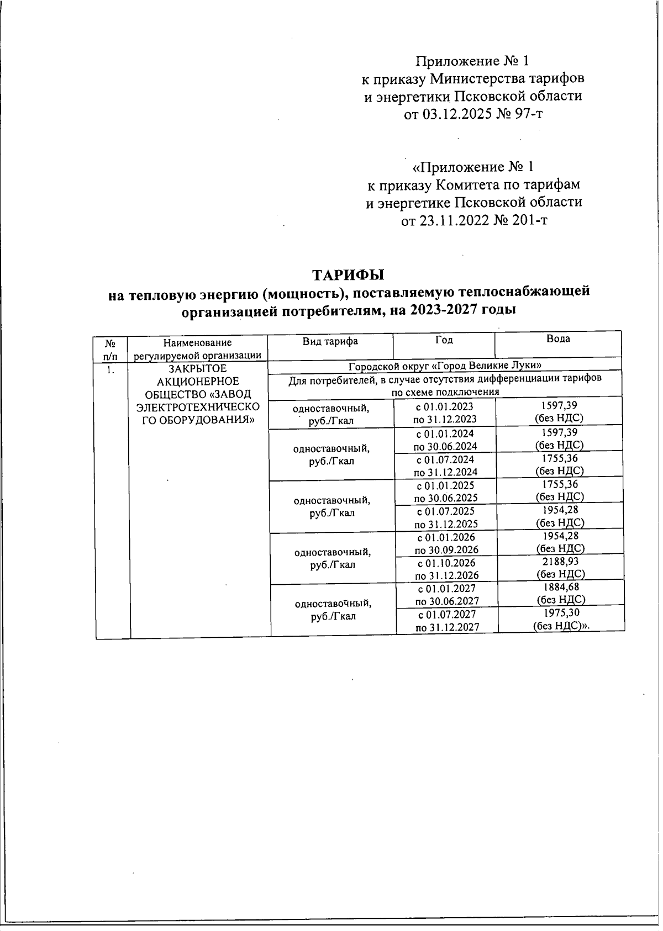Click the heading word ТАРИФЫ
coord(348,274)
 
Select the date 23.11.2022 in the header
coord(457,221)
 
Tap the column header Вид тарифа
coord(330,341)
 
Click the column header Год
coord(444,340)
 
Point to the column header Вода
coord(558,339)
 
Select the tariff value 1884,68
coord(561,588)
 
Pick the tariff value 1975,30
coord(561,613)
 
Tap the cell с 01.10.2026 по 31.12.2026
coord(446,569)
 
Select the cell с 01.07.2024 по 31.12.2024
coord(445,465)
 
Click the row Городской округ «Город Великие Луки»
coord(445,366)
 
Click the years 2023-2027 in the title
coord(429,310)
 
